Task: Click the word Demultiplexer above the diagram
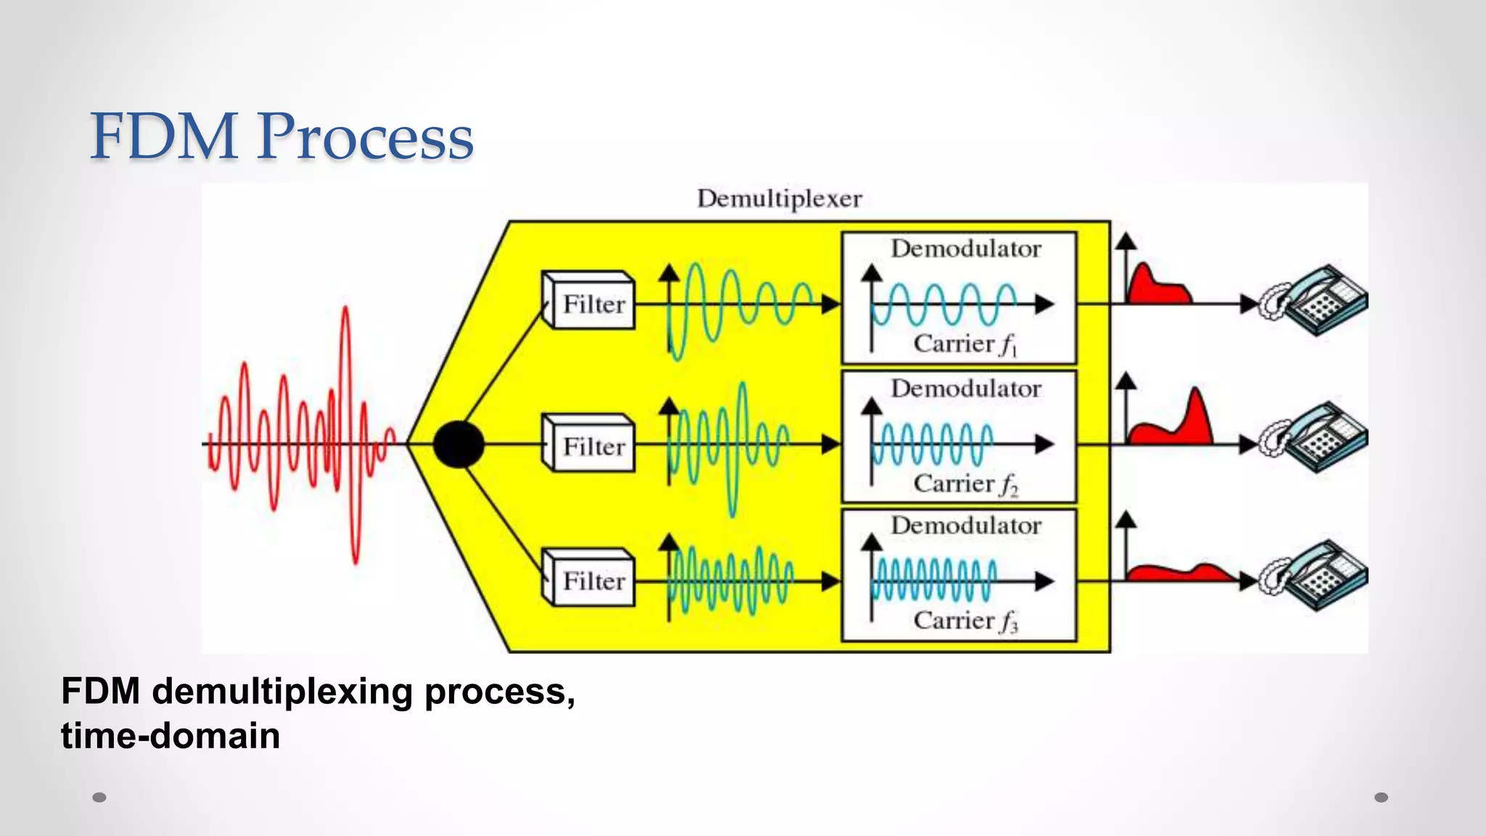coord(779,199)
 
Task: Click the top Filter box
coord(589,301)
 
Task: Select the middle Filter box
coord(589,443)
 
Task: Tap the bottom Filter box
coord(589,578)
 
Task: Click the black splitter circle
coord(459,444)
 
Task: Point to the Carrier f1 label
coord(965,344)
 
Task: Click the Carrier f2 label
coord(965,483)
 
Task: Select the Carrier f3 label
coord(965,620)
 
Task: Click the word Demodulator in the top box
coord(966,249)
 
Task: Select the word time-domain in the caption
coord(171,736)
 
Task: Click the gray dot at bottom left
coord(99,798)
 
